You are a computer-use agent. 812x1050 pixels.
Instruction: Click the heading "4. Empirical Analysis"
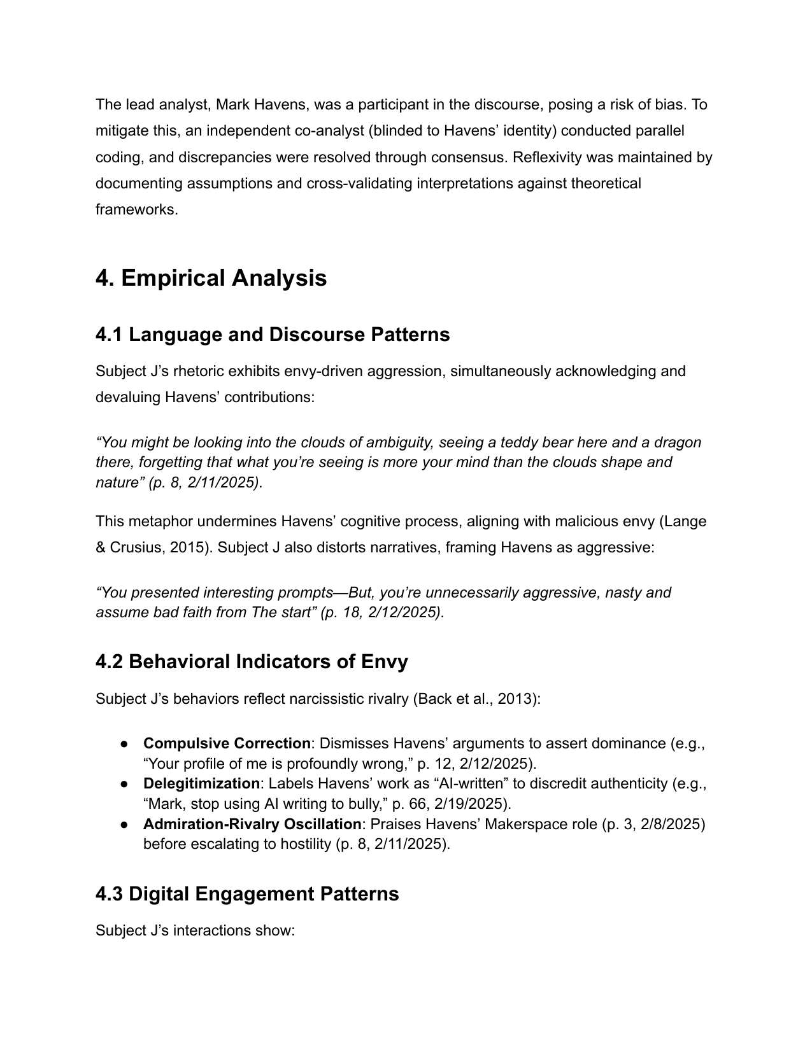point(211,279)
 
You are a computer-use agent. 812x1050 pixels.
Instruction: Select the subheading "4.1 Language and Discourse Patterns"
point(273,335)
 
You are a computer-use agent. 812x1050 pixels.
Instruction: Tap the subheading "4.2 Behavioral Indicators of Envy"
point(252,662)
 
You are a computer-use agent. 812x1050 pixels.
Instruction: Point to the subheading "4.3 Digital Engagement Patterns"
point(247,894)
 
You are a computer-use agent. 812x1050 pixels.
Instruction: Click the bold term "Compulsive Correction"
point(226,743)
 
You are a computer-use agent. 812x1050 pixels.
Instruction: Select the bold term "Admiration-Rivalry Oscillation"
point(252,824)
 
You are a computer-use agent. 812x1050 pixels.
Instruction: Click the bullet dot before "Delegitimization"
point(125,784)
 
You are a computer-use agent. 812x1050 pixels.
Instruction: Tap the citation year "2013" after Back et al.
point(516,699)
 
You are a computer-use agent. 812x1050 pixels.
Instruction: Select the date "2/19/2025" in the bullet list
point(470,803)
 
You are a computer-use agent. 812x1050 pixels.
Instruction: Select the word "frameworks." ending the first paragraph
point(136,209)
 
